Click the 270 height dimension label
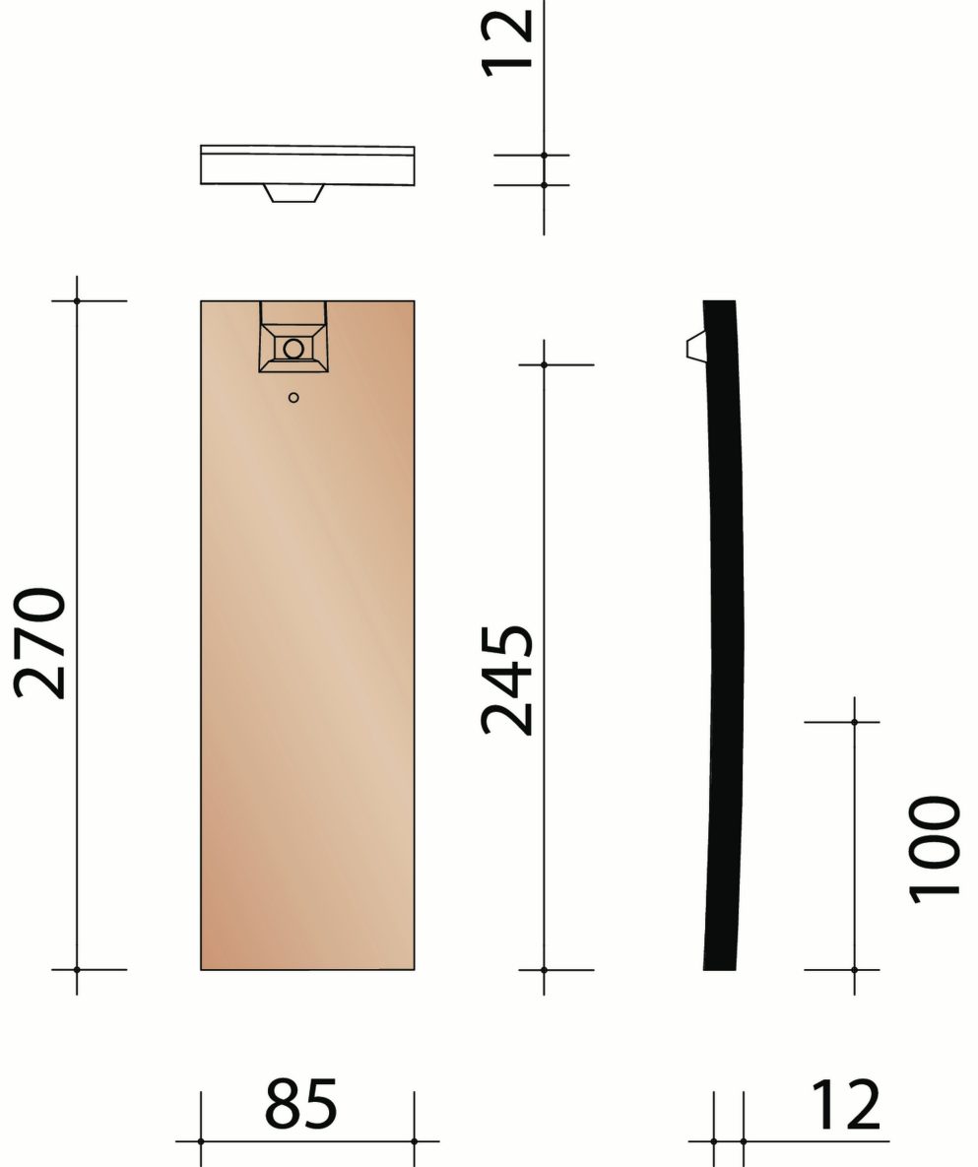coord(41,644)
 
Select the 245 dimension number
coord(507,680)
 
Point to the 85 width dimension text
coord(301,1104)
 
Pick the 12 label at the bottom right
coord(845,1106)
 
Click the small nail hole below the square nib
coord(293,397)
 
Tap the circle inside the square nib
coord(293,348)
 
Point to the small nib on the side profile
coord(694,346)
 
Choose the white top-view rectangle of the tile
coord(307,165)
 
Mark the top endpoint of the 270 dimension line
coord(77,300)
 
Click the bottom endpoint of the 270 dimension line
coord(77,970)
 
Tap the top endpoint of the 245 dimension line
coord(545,365)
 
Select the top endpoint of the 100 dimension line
coord(854,722)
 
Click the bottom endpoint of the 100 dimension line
coord(854,970)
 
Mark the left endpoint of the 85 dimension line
coord(201,1141)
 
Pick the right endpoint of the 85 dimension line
coord(415,1141)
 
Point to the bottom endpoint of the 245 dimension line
coord(545,970)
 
